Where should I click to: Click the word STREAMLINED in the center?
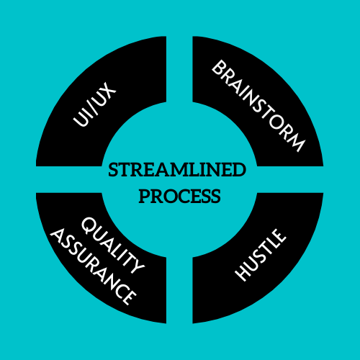tap(177, 170)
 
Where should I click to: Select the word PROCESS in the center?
tap(179, 197)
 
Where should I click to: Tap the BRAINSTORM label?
tap(258, 106)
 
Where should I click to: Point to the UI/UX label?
tap(94, 104)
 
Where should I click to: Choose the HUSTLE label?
tap(261, 255)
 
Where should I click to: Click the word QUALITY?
tap(113, 246)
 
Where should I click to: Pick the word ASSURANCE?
tap(93, 266)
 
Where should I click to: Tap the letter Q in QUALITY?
tap(88, 225)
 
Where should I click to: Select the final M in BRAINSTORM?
tap(296, 143)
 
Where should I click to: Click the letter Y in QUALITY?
tap(136, 266)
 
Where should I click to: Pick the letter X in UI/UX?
tap(109, 90)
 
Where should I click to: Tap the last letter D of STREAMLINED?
tap(238, 170)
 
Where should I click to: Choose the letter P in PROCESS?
tap(144, 197)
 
